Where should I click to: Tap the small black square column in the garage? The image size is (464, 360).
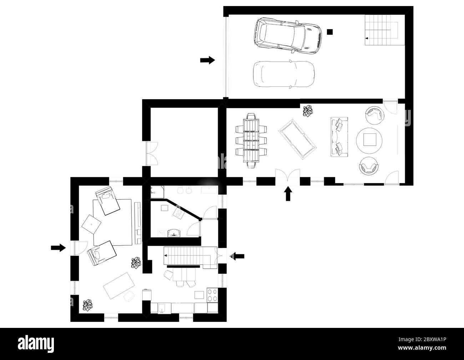click(x=330, y=32)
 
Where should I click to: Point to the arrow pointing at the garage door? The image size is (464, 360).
click(x=207, y=60)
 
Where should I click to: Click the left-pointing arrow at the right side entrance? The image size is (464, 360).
click(x=237, y=255)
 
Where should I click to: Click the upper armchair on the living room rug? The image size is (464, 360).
click(x=107, y=201)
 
